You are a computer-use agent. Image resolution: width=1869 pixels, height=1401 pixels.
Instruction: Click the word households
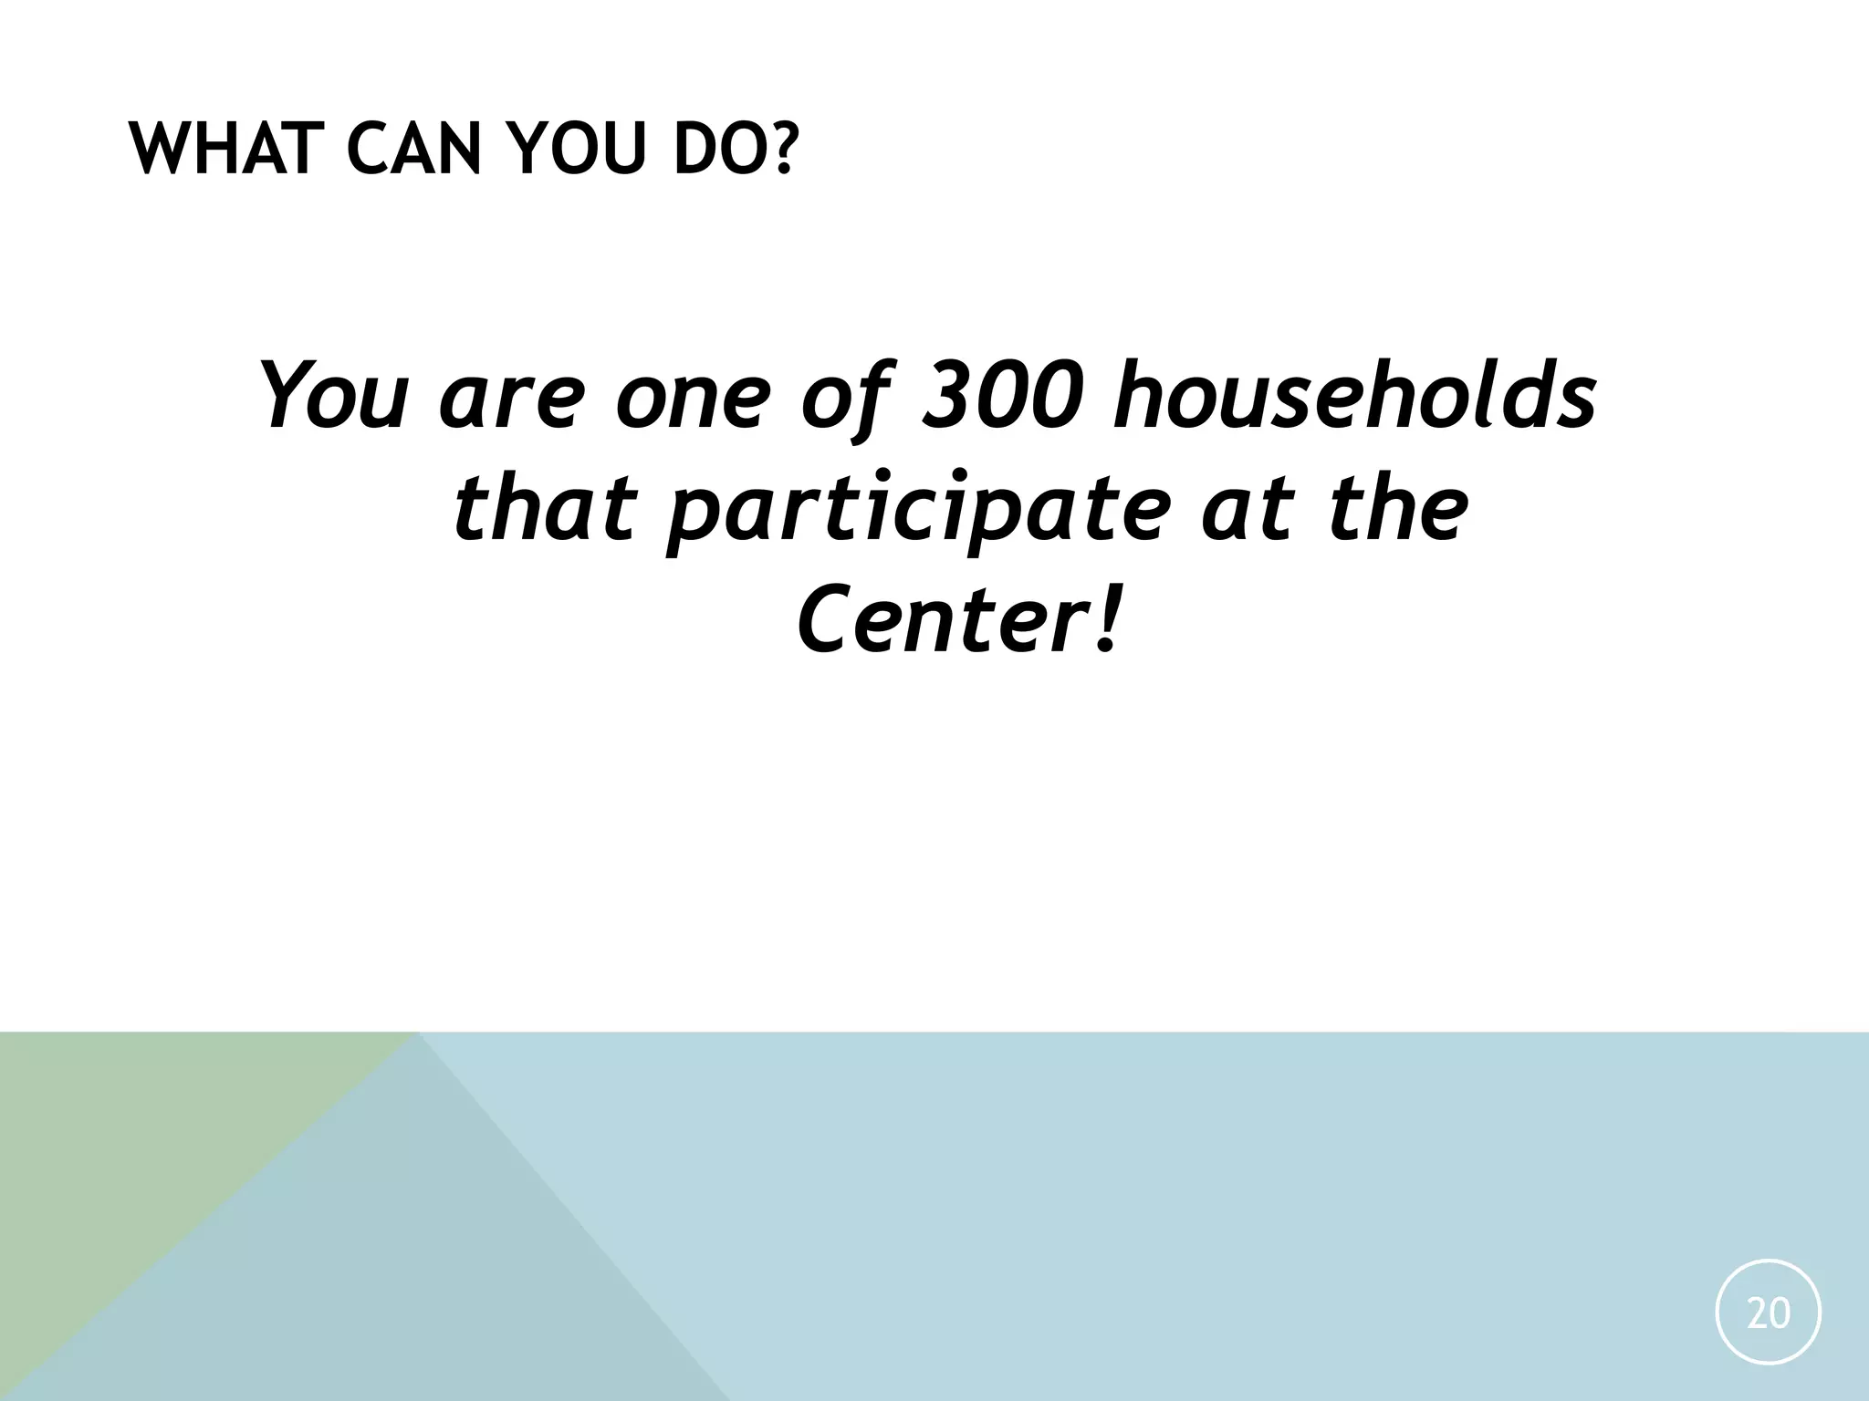pyautogui.click(x=1354, y=396)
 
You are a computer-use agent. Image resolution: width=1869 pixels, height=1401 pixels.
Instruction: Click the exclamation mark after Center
pyautogui.click(x=1105, y=621)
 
